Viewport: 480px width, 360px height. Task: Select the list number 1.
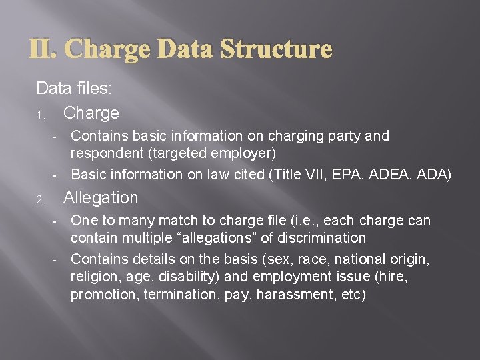point(40,115)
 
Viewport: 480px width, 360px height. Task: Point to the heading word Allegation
point(100,198)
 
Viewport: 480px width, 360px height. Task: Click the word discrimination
point(326,238)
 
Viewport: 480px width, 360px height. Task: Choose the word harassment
point(290,295)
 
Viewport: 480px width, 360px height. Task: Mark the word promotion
point(104,295)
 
